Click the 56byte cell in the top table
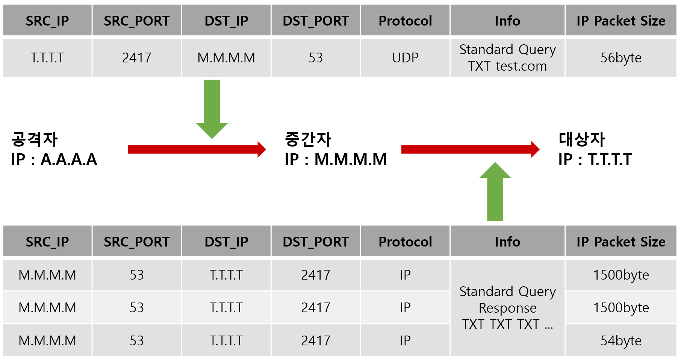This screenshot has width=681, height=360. click(x=621, y=58)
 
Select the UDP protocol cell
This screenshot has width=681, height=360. click(x=405, y=58)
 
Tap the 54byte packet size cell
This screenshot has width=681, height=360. click(x=621, y=340)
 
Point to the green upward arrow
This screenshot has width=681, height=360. click(x=495, y=192)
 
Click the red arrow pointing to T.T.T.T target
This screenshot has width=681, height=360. click(x=470, y=150)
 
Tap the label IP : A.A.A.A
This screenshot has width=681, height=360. click(x=54, y=159)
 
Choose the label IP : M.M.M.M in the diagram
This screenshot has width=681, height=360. click(x=336, y=159)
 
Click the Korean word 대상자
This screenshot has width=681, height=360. click(x=582, y=139)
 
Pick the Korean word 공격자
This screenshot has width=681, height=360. click(x=35, y=139)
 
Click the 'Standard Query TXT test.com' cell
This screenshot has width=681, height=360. click(x=507, y=58)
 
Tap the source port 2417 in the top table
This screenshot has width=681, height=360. click(x=137, y=58)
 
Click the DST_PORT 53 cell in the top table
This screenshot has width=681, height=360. click(x=316, y=58)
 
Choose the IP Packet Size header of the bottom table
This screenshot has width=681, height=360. click(x=621, y=242)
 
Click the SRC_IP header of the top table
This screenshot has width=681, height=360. click(x=47, y=21)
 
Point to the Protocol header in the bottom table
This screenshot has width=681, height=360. click(x=405, y=242)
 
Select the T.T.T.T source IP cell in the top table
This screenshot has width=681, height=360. click(x=47, y=58)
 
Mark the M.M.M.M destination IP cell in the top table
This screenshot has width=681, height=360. click(x=226, y=58)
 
